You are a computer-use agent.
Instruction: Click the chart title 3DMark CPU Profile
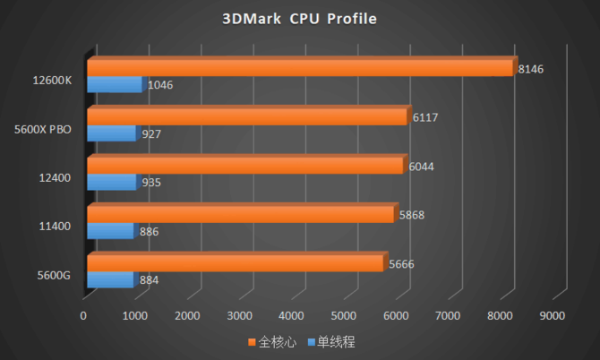tap(300, 19)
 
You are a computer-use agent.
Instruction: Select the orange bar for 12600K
tap(300, 68)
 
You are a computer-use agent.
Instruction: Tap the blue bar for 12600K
tap(115, 85)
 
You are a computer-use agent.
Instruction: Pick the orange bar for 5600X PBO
tap(247, 116)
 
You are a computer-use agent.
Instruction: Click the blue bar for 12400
tap(111, 182)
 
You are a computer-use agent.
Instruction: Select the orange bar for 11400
tap(240, 215)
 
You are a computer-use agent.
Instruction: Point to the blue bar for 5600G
tap(109, 280)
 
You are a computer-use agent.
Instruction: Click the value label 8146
tap(530, 69)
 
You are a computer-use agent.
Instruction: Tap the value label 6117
tap(424, 117)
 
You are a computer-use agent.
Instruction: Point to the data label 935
tap(151, 183)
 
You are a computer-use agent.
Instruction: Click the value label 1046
tap(159, 86)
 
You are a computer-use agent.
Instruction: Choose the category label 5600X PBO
tap(43, 130)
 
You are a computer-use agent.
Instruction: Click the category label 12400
tap(56, 178)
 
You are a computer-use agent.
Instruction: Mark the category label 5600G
tap(55, 275)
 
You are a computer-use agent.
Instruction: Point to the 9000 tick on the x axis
tap(553, 315)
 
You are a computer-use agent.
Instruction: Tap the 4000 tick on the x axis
tap(292, 315)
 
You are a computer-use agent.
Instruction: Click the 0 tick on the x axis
tap(83, 315)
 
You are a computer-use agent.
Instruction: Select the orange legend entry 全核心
tap(272, 341)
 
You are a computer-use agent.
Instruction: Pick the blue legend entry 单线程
tap(331, 341)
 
